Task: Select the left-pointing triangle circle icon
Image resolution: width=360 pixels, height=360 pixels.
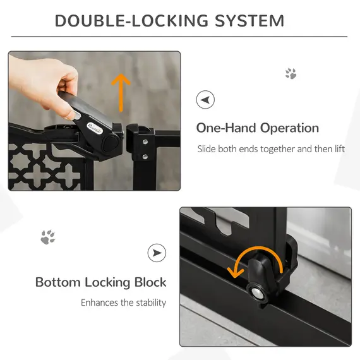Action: pyautogui.click(x=205, y=100)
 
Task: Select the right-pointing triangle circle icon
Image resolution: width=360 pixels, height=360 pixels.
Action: pyautogui.click(x=157, y=253)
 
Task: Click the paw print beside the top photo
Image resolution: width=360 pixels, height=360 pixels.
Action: pyautogui.click(x=291, y=74)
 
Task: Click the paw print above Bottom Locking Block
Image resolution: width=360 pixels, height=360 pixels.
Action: pyautogui.click(x=47, y=237)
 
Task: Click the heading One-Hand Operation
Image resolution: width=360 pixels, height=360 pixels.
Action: pyautogui.click(x=257, y=128)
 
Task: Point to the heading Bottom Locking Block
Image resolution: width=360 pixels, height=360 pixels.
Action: pyautogui.click(x=100, y=282)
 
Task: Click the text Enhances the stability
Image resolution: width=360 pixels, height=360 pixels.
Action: pyautogui.click(x=123, y=303)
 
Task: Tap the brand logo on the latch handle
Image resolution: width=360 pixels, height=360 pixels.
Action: pyautogui.click(x=95, y=120)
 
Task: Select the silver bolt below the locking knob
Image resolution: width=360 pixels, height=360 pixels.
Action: pyautogui.click(x=259, y=294)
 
